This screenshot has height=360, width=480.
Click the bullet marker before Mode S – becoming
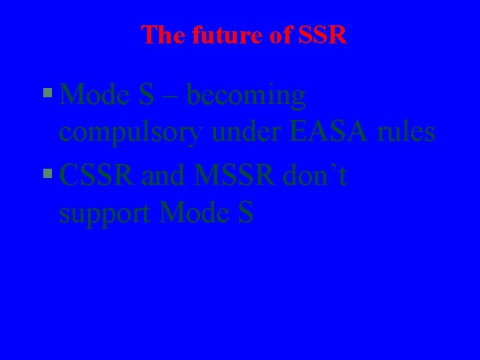click(x=47, y=95)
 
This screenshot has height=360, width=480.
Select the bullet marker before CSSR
click(x=47, y=175)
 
